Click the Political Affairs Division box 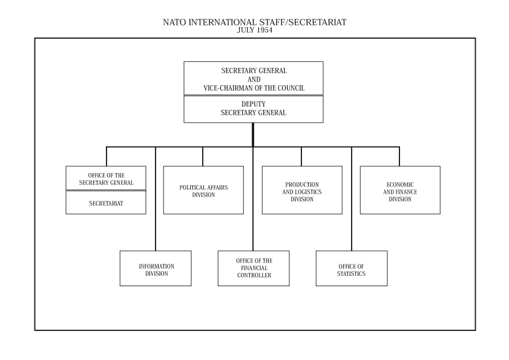pyautogui.click(x=203, y=190)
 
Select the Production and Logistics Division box pyautogui.click(x=302, y=190)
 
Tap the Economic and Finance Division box pyautogui.click(x=400, y=190)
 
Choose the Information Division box pyautogui.click(x=156, y=269)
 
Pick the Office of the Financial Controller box pyautogui.click(x=254, y=269)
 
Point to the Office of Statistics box pyautogui.click(x=352, y=269)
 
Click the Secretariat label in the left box pyautogui.click(x=106, y=203)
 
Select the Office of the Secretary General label pyautogui.click(x=106, y=179)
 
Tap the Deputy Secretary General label pyautogui.click(x=254, y=108)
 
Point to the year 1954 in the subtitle pyautogui.click(x=264, y=30)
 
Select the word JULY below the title pyautogui.click(x=245, y=30)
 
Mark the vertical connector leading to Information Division pyautogui.click(x=156, y=198)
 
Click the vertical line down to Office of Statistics pyautogui.click(x=352, y=198)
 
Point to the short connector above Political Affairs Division pyautogui.click(x=203, y=157)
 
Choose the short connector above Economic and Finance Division pyautogui.click(x=399, y=157)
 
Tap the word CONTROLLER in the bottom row pyautogui.click(x=254, y=275)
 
